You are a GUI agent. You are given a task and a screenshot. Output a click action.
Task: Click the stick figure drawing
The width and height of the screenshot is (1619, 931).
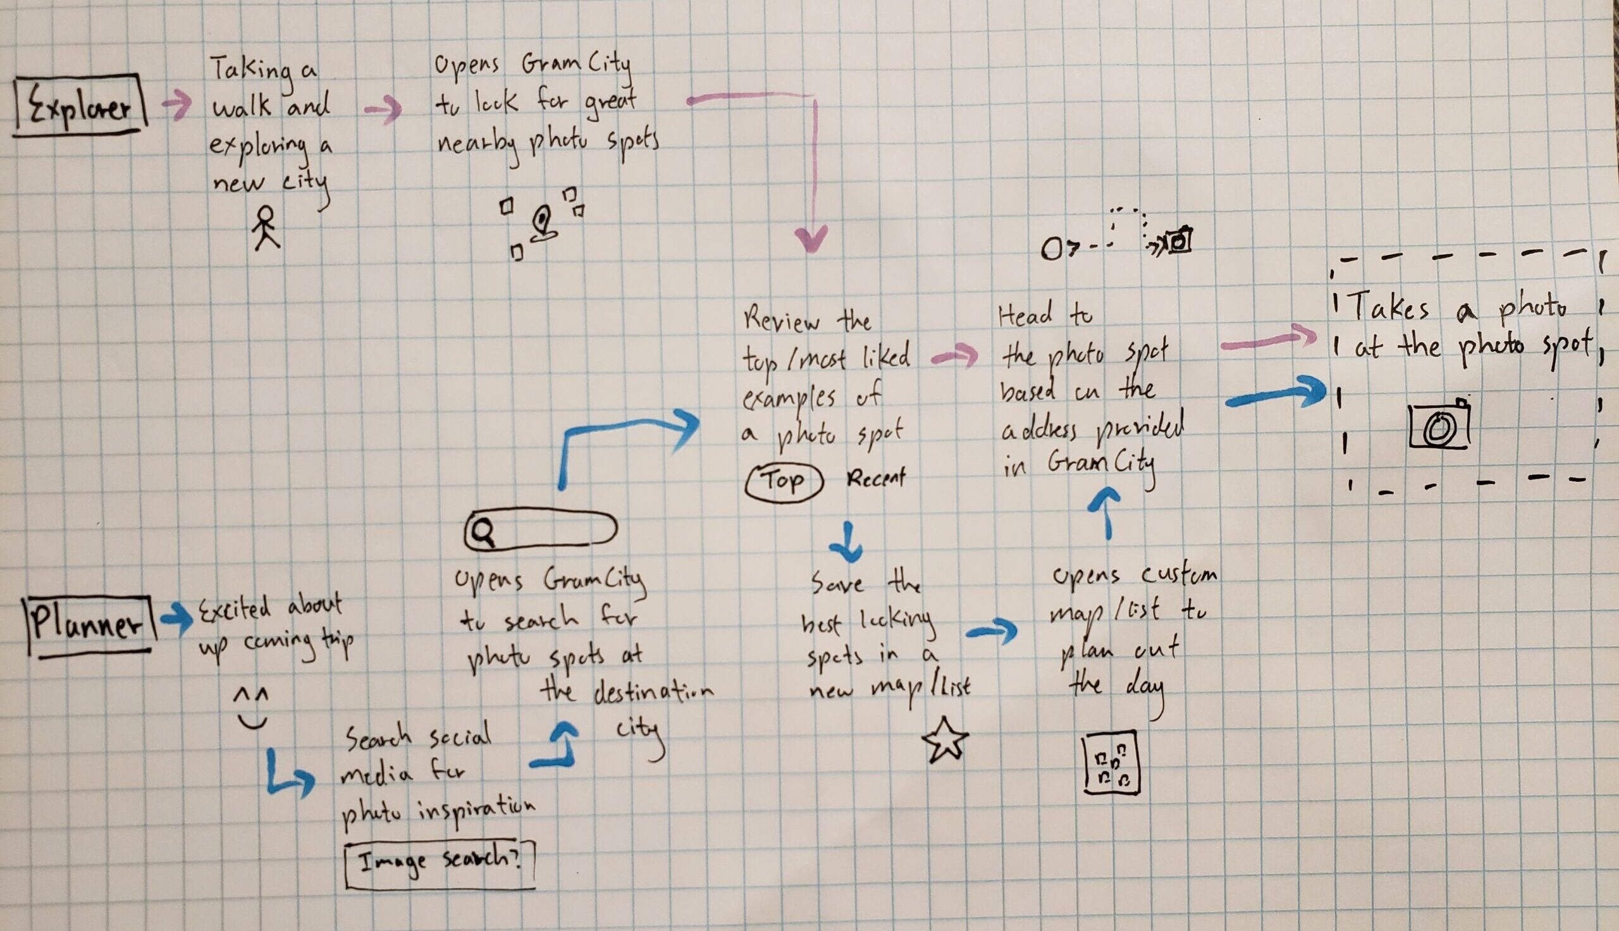click(x=265, y=227)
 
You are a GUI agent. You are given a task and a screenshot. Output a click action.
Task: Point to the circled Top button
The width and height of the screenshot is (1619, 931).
click(x=783, y=481)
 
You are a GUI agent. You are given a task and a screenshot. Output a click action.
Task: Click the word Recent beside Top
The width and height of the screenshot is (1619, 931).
click(x=876, y=478)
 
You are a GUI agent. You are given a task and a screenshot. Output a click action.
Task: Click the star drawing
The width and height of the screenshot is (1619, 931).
click(x=945, y=740)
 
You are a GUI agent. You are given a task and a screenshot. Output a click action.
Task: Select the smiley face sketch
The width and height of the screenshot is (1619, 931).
click(x=251, y=708)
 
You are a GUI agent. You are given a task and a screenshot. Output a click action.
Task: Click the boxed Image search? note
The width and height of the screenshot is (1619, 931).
click(x=440, y=864)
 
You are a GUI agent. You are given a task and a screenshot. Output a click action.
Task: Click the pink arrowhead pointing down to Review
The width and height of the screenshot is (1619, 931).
click(x=812, y=240)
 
